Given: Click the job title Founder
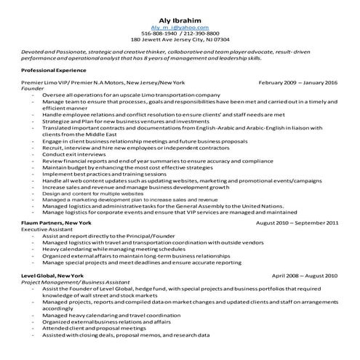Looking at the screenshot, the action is coord(33,89).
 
